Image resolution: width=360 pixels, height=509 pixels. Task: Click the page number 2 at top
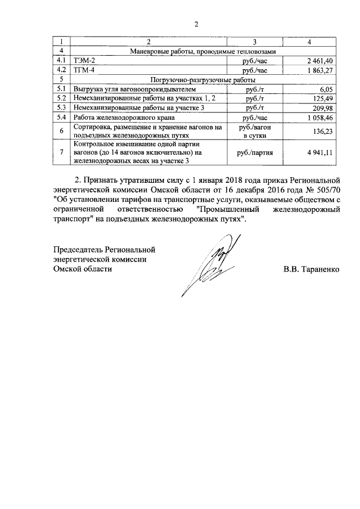tap(196, 24)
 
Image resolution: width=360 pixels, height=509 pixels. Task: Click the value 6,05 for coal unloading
tap(327, 89)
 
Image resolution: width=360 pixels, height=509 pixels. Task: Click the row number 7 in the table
tap(61, 152)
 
